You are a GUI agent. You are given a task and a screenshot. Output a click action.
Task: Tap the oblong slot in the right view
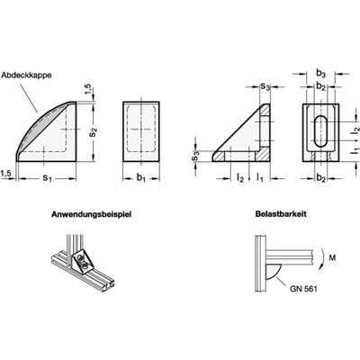pos(319,131)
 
